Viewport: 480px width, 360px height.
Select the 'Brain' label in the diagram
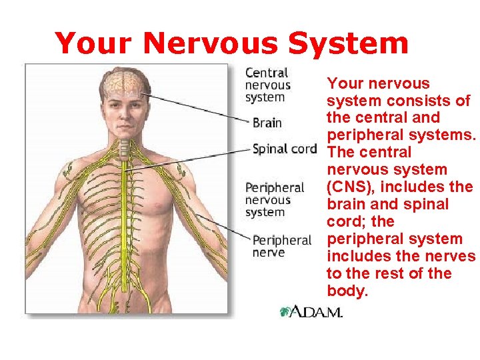[267, 123]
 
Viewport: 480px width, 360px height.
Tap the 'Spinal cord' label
[284, 149]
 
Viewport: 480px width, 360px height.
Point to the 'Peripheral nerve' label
[282, 246]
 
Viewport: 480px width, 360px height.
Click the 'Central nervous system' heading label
[267, 85]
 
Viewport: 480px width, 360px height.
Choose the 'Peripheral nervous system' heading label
[275, 199]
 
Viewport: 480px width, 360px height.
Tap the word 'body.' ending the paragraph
[347, 291]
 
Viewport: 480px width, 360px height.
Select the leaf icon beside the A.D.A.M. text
[285, 311]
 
